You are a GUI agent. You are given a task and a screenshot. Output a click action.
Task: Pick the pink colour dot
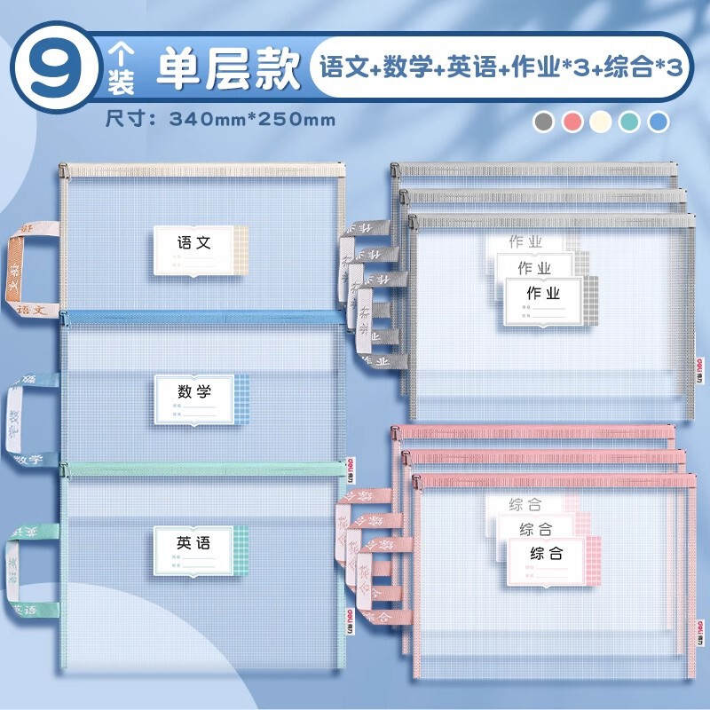pyautogui.click(x=573, y=122)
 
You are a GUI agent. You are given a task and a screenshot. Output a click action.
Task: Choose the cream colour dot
pyautogui.click(x=601, y=122)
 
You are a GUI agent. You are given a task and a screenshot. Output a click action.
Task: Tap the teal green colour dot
pyautogui.click(x=628, y=122)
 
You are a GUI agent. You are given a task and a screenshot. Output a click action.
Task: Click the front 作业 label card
pyautogui.click(x=544, y=302)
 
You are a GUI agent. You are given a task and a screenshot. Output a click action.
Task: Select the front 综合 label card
pyautogui.click(x=548, y=561)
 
